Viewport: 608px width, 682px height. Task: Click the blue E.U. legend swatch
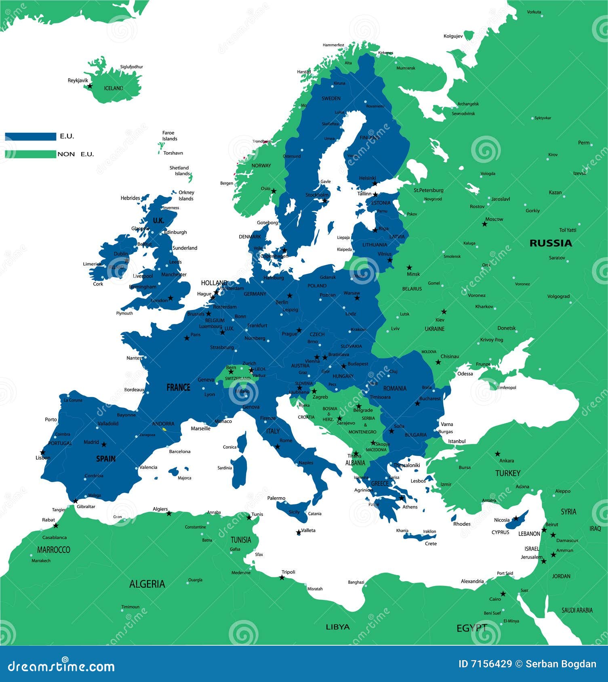point(31,136)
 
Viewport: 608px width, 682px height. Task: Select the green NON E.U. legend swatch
point(31,154)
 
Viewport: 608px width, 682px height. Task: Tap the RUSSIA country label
point(551,243)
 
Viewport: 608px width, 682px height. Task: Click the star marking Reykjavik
point(90,86)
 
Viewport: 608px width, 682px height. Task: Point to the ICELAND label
point(114,88)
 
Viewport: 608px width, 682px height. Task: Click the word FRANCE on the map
point(178,387)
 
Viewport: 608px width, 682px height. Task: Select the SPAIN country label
point(106,459)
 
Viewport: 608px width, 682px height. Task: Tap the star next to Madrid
point(104,444)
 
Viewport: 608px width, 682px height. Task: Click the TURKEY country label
point(508,473)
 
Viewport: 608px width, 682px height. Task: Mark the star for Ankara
point(498,454)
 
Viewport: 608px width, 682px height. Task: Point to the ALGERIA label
point(147,584)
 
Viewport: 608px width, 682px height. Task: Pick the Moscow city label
point(494,219)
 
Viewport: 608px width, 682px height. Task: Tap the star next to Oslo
point(274,191)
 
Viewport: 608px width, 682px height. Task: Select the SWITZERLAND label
point(238,379)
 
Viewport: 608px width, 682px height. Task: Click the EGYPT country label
point(471,628)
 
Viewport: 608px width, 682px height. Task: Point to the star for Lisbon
point(42,452)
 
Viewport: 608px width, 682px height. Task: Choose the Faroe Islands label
point(170,136)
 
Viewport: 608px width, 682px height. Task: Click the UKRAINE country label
point(434,329)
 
